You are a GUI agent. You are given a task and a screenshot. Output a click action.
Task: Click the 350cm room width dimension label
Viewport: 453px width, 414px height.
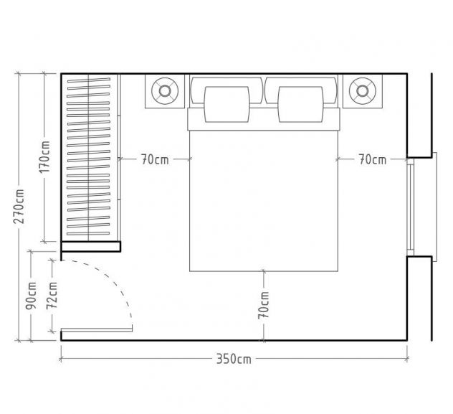234,359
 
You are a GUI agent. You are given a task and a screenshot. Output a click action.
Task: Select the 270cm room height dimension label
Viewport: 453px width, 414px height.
19,207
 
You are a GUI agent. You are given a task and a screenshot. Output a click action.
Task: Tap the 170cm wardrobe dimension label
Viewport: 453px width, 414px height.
44,157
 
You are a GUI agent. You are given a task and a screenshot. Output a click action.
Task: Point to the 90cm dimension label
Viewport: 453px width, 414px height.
32,296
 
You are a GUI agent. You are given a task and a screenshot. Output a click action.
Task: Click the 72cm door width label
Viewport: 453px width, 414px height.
52,296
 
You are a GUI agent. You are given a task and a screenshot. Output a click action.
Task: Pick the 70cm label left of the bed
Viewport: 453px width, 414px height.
155,159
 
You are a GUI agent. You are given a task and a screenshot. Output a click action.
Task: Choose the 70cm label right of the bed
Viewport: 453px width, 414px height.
373,159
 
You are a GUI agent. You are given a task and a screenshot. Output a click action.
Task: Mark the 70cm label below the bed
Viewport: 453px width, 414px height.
264,305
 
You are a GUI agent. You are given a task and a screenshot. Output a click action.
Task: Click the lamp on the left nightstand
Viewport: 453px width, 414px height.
165,91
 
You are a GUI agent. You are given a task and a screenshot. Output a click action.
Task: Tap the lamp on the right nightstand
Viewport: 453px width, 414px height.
362,91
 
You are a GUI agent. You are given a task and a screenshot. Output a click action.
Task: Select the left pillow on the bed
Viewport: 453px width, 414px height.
226,104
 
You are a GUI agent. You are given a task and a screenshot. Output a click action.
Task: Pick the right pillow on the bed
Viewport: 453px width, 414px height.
300,104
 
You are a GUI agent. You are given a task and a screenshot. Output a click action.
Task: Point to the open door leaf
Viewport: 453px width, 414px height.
97,330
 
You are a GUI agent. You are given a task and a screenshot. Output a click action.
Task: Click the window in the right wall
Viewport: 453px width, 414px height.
411,207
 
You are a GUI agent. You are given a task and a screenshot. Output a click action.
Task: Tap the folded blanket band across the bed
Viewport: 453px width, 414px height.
264,119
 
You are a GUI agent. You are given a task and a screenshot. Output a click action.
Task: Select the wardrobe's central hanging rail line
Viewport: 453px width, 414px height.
88,158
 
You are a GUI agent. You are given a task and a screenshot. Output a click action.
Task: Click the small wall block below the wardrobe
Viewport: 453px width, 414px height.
91,247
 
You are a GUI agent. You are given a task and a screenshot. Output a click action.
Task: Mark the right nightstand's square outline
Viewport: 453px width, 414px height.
362,91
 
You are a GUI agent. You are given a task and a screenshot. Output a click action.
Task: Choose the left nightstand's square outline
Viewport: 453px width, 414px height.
165,91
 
